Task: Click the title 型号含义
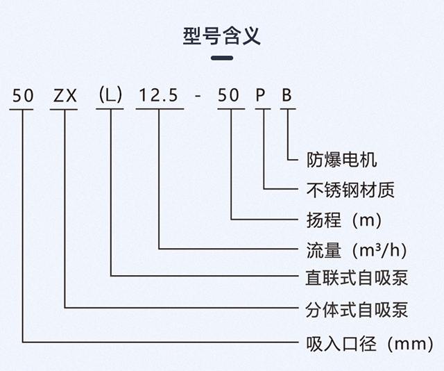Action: tap(222, 36)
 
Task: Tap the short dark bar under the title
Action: tap(222, 58)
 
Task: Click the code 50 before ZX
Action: tap(23, 95)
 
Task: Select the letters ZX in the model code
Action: tap(65, 96)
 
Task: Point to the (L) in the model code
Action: tap(110, 94)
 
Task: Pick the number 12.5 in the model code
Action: tap(158, 95)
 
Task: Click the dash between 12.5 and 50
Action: tap(198, 97)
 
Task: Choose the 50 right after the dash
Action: tap(228, 95)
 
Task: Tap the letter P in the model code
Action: tap(260, 95)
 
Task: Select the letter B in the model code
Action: tap(287, 95)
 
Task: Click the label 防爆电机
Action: tap(342, 160)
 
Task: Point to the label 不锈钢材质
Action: tap(350, 190)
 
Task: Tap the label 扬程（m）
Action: tap(344, 220)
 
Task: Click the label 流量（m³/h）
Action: tap(357, 250)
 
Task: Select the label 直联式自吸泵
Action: tap(357, 278)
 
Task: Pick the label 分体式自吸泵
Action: tap(357, 310)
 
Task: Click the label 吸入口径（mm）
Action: tap(370, 343)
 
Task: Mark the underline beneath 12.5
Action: tap(160, 109)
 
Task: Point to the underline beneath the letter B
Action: tap(289, 109)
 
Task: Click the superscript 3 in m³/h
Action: tap(380, 246)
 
